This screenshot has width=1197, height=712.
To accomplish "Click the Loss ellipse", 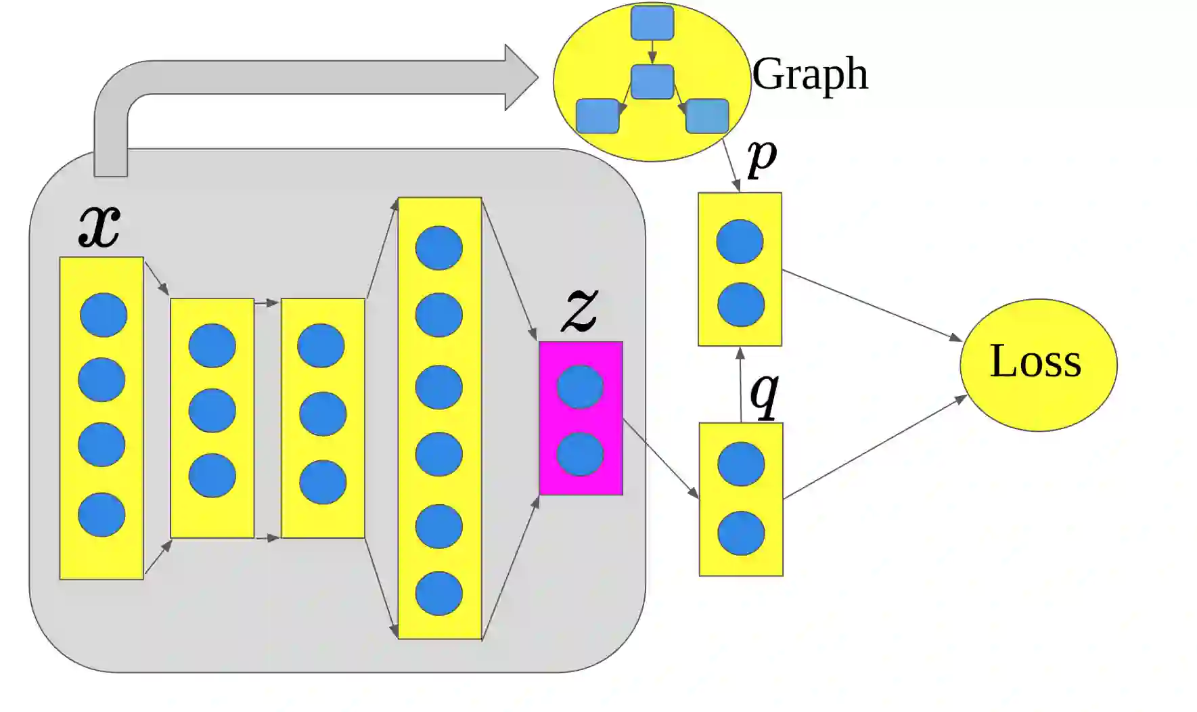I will pos(1038,364).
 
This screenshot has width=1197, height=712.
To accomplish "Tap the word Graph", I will pos(810,74).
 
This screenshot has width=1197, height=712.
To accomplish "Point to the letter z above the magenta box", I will pos(580,310).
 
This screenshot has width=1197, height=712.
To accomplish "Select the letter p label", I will pos(762,158).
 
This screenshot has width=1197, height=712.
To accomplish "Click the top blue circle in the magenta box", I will pos(580,386).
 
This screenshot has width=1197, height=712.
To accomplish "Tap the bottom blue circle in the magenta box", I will pos(580,454).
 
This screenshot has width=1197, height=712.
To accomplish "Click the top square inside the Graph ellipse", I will pos(652,22).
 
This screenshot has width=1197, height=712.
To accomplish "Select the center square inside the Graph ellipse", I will pos(652,82).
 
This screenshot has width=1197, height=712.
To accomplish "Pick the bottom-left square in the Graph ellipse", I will pos(597,116).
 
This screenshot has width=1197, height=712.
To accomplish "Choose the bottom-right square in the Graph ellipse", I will pos(707,116).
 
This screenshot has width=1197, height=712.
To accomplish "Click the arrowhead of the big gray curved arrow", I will pos(520,77).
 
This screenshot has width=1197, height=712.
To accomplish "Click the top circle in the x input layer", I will pos(104,315).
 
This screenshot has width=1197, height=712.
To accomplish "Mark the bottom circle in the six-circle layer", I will pos(439,594).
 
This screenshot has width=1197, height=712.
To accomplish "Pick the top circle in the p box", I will pos(740,242).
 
